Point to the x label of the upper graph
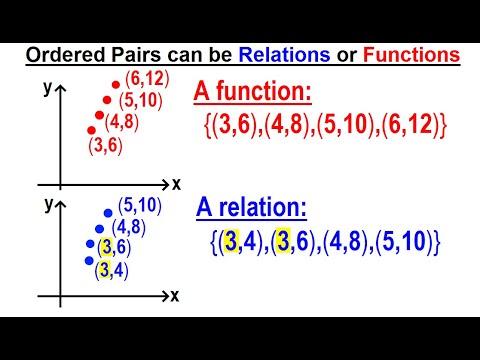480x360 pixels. [x=176, y=184]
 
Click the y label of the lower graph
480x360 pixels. [x=47, y=203]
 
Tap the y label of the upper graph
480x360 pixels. [x=47, y=88]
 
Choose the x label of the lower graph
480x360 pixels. [x=176, y=296]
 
